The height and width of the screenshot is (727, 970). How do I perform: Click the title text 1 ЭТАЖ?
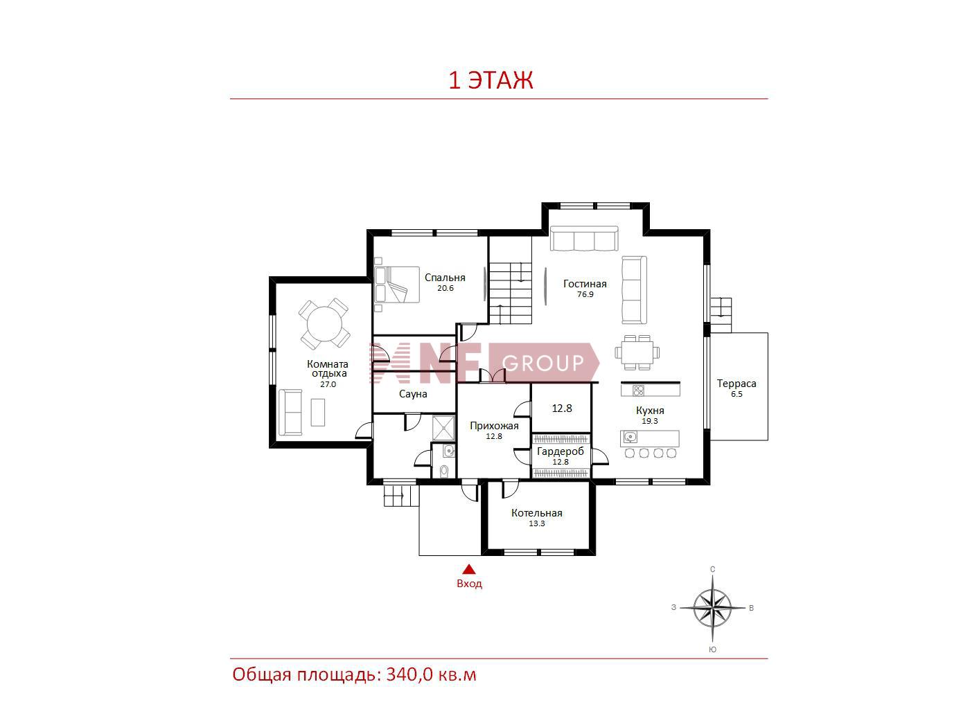coord(491,80)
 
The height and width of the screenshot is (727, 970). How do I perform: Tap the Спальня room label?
coord(445,278)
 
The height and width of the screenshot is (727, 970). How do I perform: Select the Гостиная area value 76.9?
coord(585,294)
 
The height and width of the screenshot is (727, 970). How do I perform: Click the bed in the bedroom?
coord(397,285)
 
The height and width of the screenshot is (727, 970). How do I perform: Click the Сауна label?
coord(413,394)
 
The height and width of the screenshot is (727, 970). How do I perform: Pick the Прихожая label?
coord(494,426)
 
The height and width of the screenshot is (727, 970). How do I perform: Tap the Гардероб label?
coord(561,451)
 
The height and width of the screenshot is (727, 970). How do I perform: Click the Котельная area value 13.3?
coord(536,524)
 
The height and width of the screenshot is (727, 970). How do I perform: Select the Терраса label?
coord(737,384)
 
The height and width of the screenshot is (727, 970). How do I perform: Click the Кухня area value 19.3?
coord(650,421)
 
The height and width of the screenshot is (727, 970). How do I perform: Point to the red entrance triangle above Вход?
coord(469,569)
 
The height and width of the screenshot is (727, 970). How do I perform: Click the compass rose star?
coord(712,609)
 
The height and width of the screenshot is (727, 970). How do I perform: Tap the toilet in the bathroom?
coord(444,472)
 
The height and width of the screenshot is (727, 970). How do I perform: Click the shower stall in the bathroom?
coord(443,428)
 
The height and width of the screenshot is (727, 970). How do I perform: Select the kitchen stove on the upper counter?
coord(637,391)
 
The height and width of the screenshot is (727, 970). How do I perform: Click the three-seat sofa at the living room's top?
coord(584,239)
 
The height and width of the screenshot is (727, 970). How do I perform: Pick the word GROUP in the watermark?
coord(543,363)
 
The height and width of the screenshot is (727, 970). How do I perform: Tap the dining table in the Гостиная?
coord(637,352)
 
